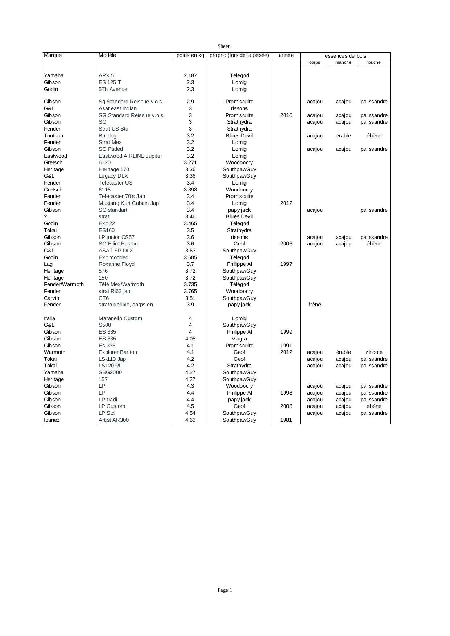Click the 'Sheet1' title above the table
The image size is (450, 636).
click(224, 46)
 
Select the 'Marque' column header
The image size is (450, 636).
click(53, 55)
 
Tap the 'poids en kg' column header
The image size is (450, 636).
click(190, 55)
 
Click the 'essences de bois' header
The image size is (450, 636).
click(345, 56)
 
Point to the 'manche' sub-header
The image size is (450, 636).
click(343, 62)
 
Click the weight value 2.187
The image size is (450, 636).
click(190, 75)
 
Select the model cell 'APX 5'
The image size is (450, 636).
click(106, 75)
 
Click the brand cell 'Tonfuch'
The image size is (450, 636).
click(53, 136)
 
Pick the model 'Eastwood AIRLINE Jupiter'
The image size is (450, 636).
click(130, 156)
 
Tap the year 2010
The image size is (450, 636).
click(286, 115)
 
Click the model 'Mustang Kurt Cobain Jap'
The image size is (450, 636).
click(129, 203)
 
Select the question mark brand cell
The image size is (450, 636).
click(45, 216)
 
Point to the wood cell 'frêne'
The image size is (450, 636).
click(315, 305)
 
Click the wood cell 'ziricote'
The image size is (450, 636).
click(374, 352)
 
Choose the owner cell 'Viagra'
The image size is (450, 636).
click(239, 339)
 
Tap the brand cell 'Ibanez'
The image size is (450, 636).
click(51, 420)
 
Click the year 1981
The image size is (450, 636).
click(286, 420)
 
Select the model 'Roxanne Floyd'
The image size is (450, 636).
click(116, 264)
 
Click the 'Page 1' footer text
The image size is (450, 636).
click(224, 590)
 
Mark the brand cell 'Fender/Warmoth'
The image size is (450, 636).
click(64, 284)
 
